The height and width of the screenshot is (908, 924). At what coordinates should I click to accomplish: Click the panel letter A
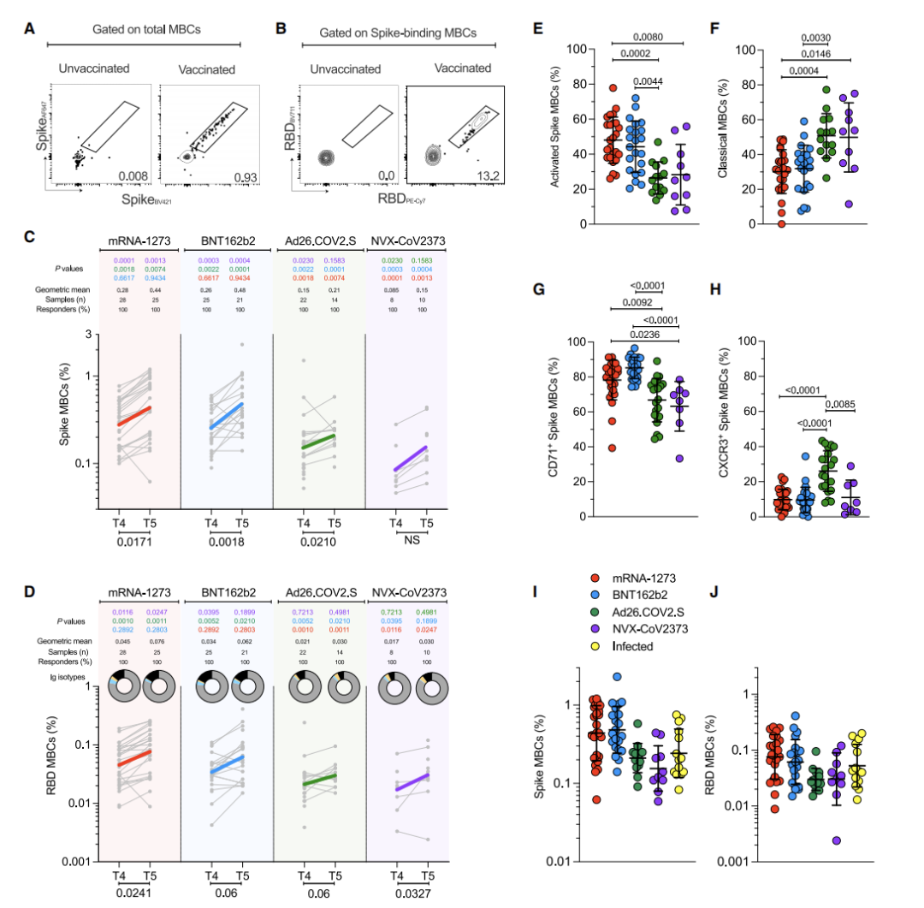point(29,29)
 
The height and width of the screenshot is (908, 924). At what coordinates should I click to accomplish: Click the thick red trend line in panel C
point(133,416)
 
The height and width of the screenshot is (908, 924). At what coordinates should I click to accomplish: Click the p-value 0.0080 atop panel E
point(649,38)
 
